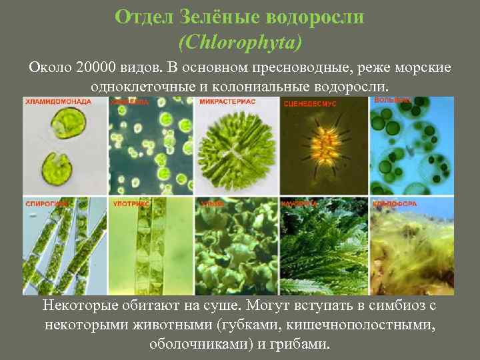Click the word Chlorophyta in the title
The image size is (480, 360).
[x=240, y=43]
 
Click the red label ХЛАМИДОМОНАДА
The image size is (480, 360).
[x=58, y=102]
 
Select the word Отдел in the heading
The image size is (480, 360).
[x=137, y=17]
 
